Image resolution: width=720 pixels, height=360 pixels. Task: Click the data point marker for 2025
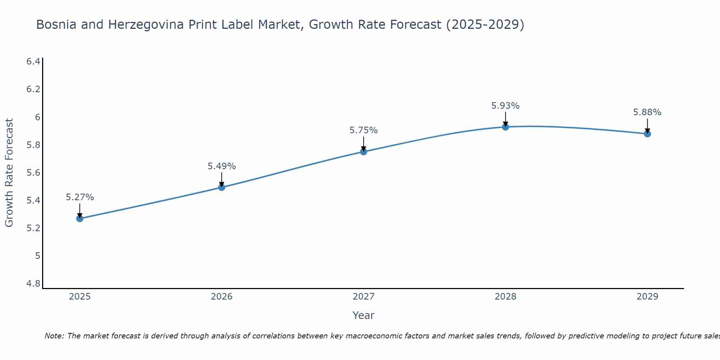click(80, 219)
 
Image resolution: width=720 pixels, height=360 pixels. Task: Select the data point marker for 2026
click(221, 187)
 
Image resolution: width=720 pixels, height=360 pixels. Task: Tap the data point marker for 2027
click(363, 152)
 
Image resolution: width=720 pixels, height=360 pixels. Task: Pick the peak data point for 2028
click(505, 127)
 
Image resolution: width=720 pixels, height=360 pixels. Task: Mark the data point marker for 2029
click(647, 134)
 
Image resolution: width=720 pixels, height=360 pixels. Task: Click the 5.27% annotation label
click(80, 197)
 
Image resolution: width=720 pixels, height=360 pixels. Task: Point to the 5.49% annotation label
click(221, 166)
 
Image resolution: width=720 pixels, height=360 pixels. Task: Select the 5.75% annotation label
click(363, 130)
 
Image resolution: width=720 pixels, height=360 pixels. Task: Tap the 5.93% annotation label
click(505, 106)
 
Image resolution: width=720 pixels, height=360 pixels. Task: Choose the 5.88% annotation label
click(647, 112)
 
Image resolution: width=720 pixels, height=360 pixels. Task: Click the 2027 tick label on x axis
click(363, 297)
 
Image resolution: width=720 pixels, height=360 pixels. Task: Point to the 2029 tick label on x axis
click(647, 297)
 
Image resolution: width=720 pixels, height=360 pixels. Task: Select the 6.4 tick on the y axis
click(33, 62)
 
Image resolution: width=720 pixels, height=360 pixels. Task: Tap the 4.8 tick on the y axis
click(33, 284)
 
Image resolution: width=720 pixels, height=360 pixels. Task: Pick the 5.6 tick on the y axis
click(33, 173)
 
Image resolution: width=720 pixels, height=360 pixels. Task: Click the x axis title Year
click(363, 315)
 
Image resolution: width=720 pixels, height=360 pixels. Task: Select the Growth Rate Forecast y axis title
click(9, 173)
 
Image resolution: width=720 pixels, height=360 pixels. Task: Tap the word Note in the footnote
click(54, 336)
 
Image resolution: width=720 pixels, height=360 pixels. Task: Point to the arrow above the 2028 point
click(505, 119)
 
